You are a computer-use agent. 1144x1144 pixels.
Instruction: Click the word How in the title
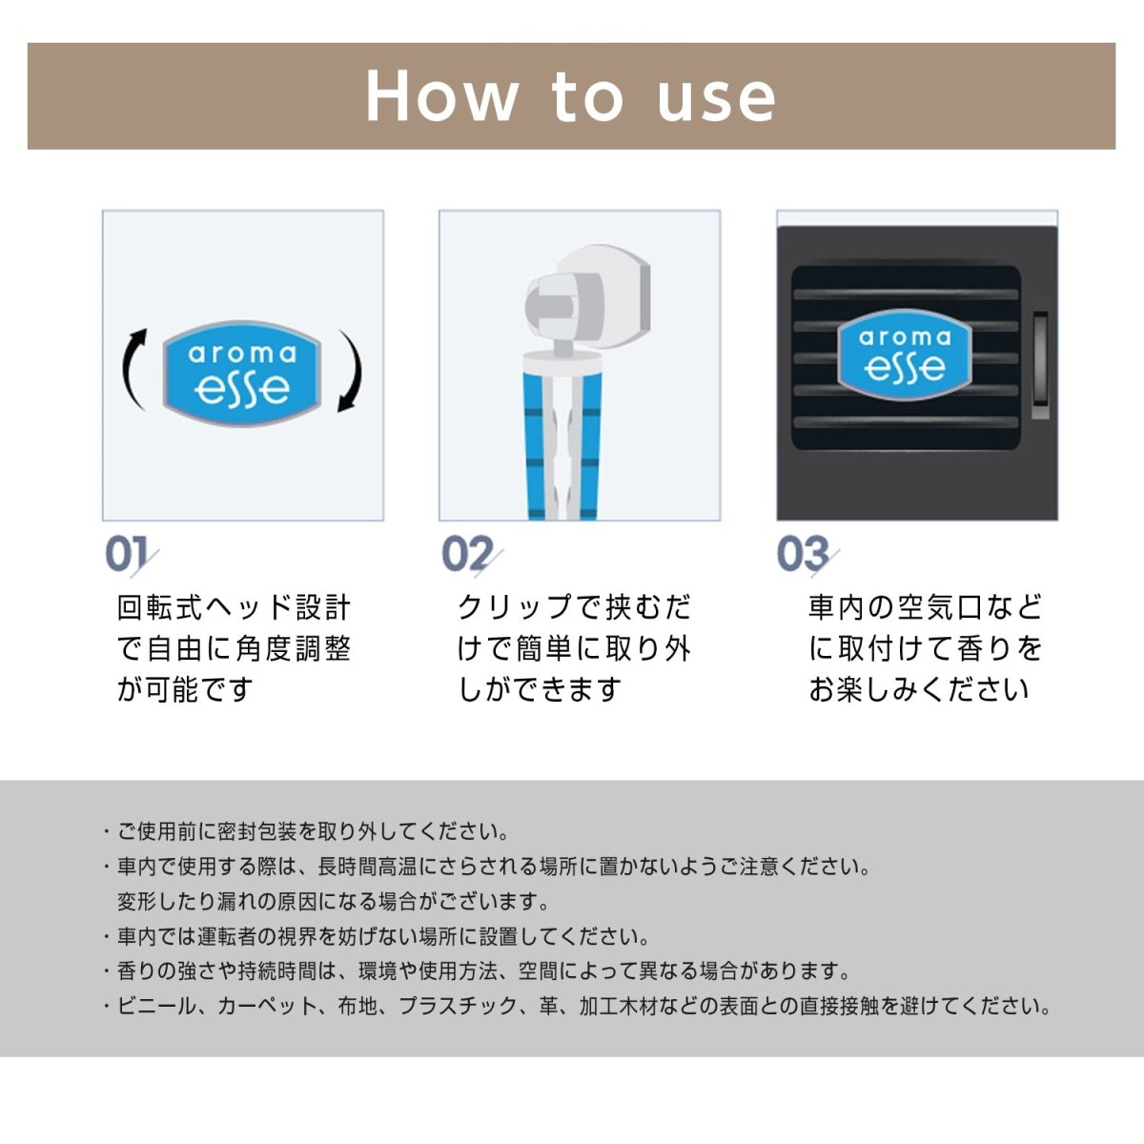coord(441,96)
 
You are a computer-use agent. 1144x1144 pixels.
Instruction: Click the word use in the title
coord(716,98)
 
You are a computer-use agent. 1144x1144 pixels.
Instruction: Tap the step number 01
coord(127,555)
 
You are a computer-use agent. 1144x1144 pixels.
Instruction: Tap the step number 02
coord(467,555)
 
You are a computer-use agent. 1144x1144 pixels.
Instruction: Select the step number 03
coord(804,555)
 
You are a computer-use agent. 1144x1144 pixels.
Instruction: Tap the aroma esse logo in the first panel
coord(242,373)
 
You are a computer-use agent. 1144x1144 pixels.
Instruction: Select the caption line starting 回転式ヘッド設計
coord(234,607)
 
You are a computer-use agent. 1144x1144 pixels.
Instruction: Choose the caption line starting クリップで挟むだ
coord(574,607)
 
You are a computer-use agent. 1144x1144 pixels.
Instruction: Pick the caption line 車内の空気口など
coord(925,607)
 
